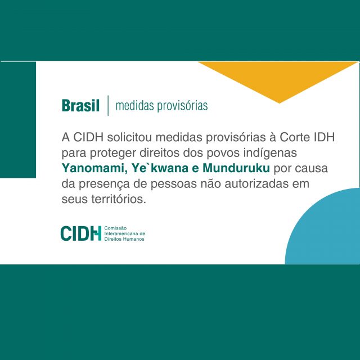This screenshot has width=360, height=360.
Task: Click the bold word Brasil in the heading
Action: [x=80, y=106]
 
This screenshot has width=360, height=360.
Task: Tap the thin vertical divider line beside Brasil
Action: [x=108, y=105]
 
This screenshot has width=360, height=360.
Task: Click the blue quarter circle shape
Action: [x=326, y=229]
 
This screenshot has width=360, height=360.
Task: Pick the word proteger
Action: [x=112, y=153]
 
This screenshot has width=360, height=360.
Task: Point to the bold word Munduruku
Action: [x=236, y=168]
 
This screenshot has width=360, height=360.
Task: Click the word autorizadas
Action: [x=253, y=184]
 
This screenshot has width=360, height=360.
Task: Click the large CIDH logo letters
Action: [x=81, y=233]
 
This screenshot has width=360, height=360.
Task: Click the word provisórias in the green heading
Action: [x=182, y=106]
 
